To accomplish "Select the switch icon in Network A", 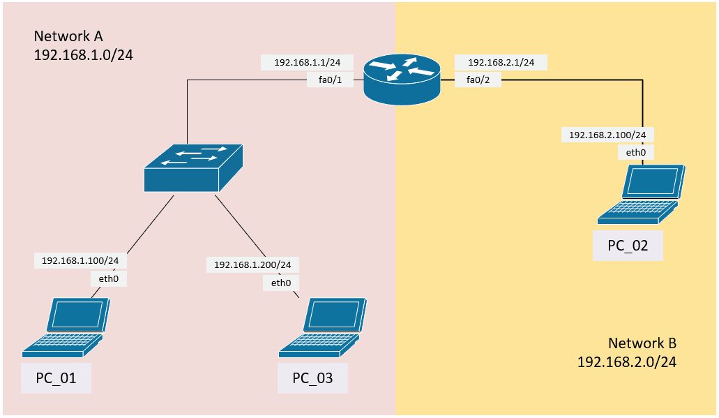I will tap(193, 167).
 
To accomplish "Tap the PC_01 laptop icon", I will tap(67, 325).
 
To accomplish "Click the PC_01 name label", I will tap(56, 378).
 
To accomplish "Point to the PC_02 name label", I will tap(628, 246).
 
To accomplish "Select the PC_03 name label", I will tap(312, 378).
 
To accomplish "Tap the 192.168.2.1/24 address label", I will tap(501, 63).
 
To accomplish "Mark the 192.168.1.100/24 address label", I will tap(80, 261).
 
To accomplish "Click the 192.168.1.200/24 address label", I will tap(252, 265).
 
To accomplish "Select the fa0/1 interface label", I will tap(330, 80).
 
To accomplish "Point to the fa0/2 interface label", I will tap(478, 80).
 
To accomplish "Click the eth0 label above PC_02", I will tap(635, 152).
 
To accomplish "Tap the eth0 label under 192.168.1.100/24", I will tap(108, 278).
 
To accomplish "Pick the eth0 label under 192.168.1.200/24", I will tap(281, 283).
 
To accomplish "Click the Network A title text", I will tap(68, 36).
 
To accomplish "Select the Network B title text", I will tap(642, 343).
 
